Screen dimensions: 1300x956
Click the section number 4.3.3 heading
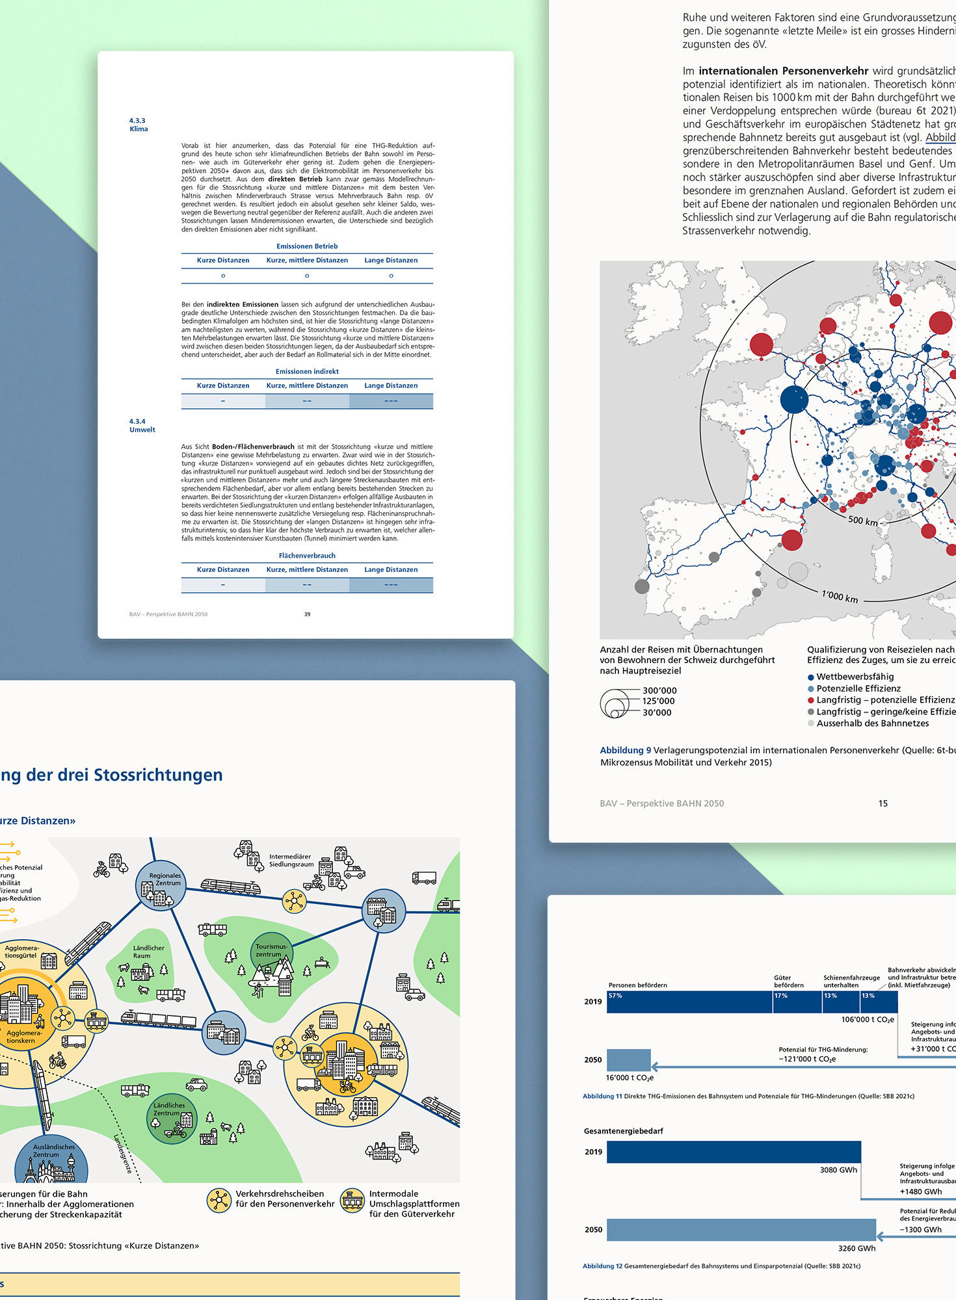pos(137,121)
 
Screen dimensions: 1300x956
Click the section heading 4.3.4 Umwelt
pos(142,426)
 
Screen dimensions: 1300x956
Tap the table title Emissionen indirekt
pos(307,372)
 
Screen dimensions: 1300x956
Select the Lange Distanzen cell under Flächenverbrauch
pos(391,584)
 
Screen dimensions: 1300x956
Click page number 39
pos(307,614)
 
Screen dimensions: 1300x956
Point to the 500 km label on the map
pos(863,521)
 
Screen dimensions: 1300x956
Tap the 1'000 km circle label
pos(840,596)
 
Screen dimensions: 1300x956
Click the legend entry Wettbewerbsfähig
pos(855,677)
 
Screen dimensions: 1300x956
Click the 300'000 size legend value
pos(659,690)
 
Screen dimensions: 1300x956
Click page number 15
pos(883,803)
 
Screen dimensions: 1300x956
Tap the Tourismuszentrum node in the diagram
pos(272,952)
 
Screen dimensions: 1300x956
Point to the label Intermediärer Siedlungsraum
pos(291,861)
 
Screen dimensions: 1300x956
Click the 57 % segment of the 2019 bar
pos(689,1002)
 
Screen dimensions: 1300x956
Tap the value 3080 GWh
pos(838,1170)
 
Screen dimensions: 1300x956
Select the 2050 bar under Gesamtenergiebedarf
pos(741,1230)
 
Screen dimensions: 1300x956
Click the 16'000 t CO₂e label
pos(630,1078)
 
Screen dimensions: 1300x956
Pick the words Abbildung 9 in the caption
pos(625,750)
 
